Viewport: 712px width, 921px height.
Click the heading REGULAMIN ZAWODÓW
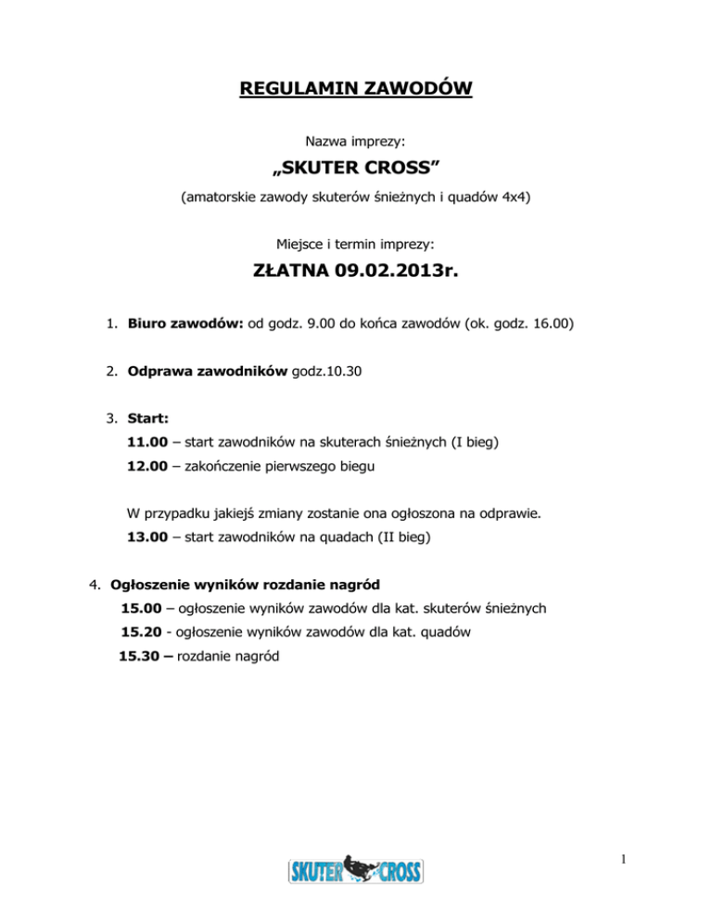pyautogui.click(x=356, y=90)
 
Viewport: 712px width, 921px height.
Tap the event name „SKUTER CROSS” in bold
pyautogui.click(x=356, y=170)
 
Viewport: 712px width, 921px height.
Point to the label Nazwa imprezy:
pyautogui.click(x=356, y=144)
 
